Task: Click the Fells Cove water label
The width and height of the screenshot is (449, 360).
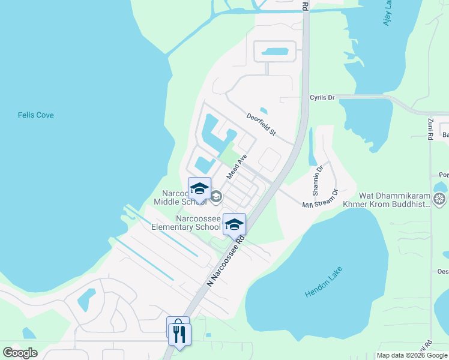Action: click(35, 115)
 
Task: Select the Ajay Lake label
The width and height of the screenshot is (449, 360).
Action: click(387, 13)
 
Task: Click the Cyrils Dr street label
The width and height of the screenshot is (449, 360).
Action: click(322, 97)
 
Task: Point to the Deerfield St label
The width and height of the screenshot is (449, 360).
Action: click(261, 124)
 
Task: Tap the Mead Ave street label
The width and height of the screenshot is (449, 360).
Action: click(237, 166)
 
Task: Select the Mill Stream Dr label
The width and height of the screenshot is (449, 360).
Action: click(321, 200)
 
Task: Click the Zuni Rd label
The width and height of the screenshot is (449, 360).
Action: click(430, 129)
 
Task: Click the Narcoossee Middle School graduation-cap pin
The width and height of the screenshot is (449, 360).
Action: click(199, 189)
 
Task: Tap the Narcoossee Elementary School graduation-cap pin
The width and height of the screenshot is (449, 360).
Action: click(234, 224)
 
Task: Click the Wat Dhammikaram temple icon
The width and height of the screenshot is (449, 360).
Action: click(440, 199)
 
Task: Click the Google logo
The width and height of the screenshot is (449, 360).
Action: click(20, 352)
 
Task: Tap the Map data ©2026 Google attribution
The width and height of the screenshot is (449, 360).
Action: click(411, 355)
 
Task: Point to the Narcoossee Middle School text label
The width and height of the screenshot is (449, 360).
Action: click(180, 197)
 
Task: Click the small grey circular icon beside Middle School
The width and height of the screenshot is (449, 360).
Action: click(216, 196)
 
